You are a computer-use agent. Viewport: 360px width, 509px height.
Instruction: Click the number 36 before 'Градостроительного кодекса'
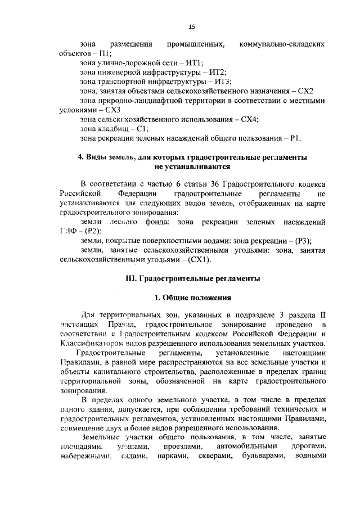pyautogui.click(x=214, y=184)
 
